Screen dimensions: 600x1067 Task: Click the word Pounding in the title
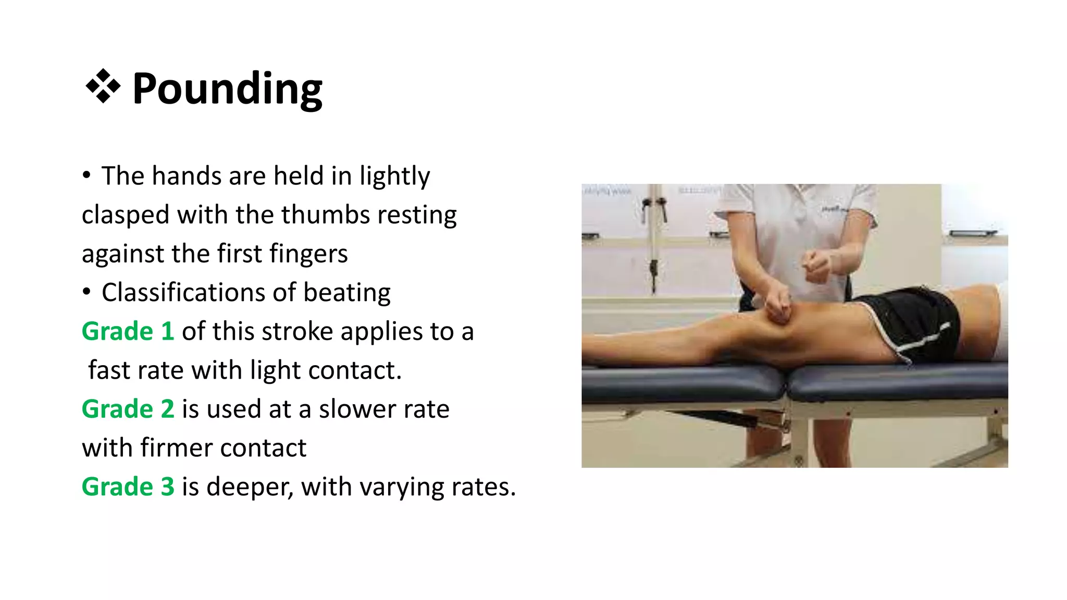227,89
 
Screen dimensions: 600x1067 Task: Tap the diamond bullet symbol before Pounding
103,86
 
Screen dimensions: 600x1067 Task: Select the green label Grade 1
128,331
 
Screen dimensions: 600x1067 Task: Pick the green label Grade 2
128,409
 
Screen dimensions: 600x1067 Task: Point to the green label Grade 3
128,486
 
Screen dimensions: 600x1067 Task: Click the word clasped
125,215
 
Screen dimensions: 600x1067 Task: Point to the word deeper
250,486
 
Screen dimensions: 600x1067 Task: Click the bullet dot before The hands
86,175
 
